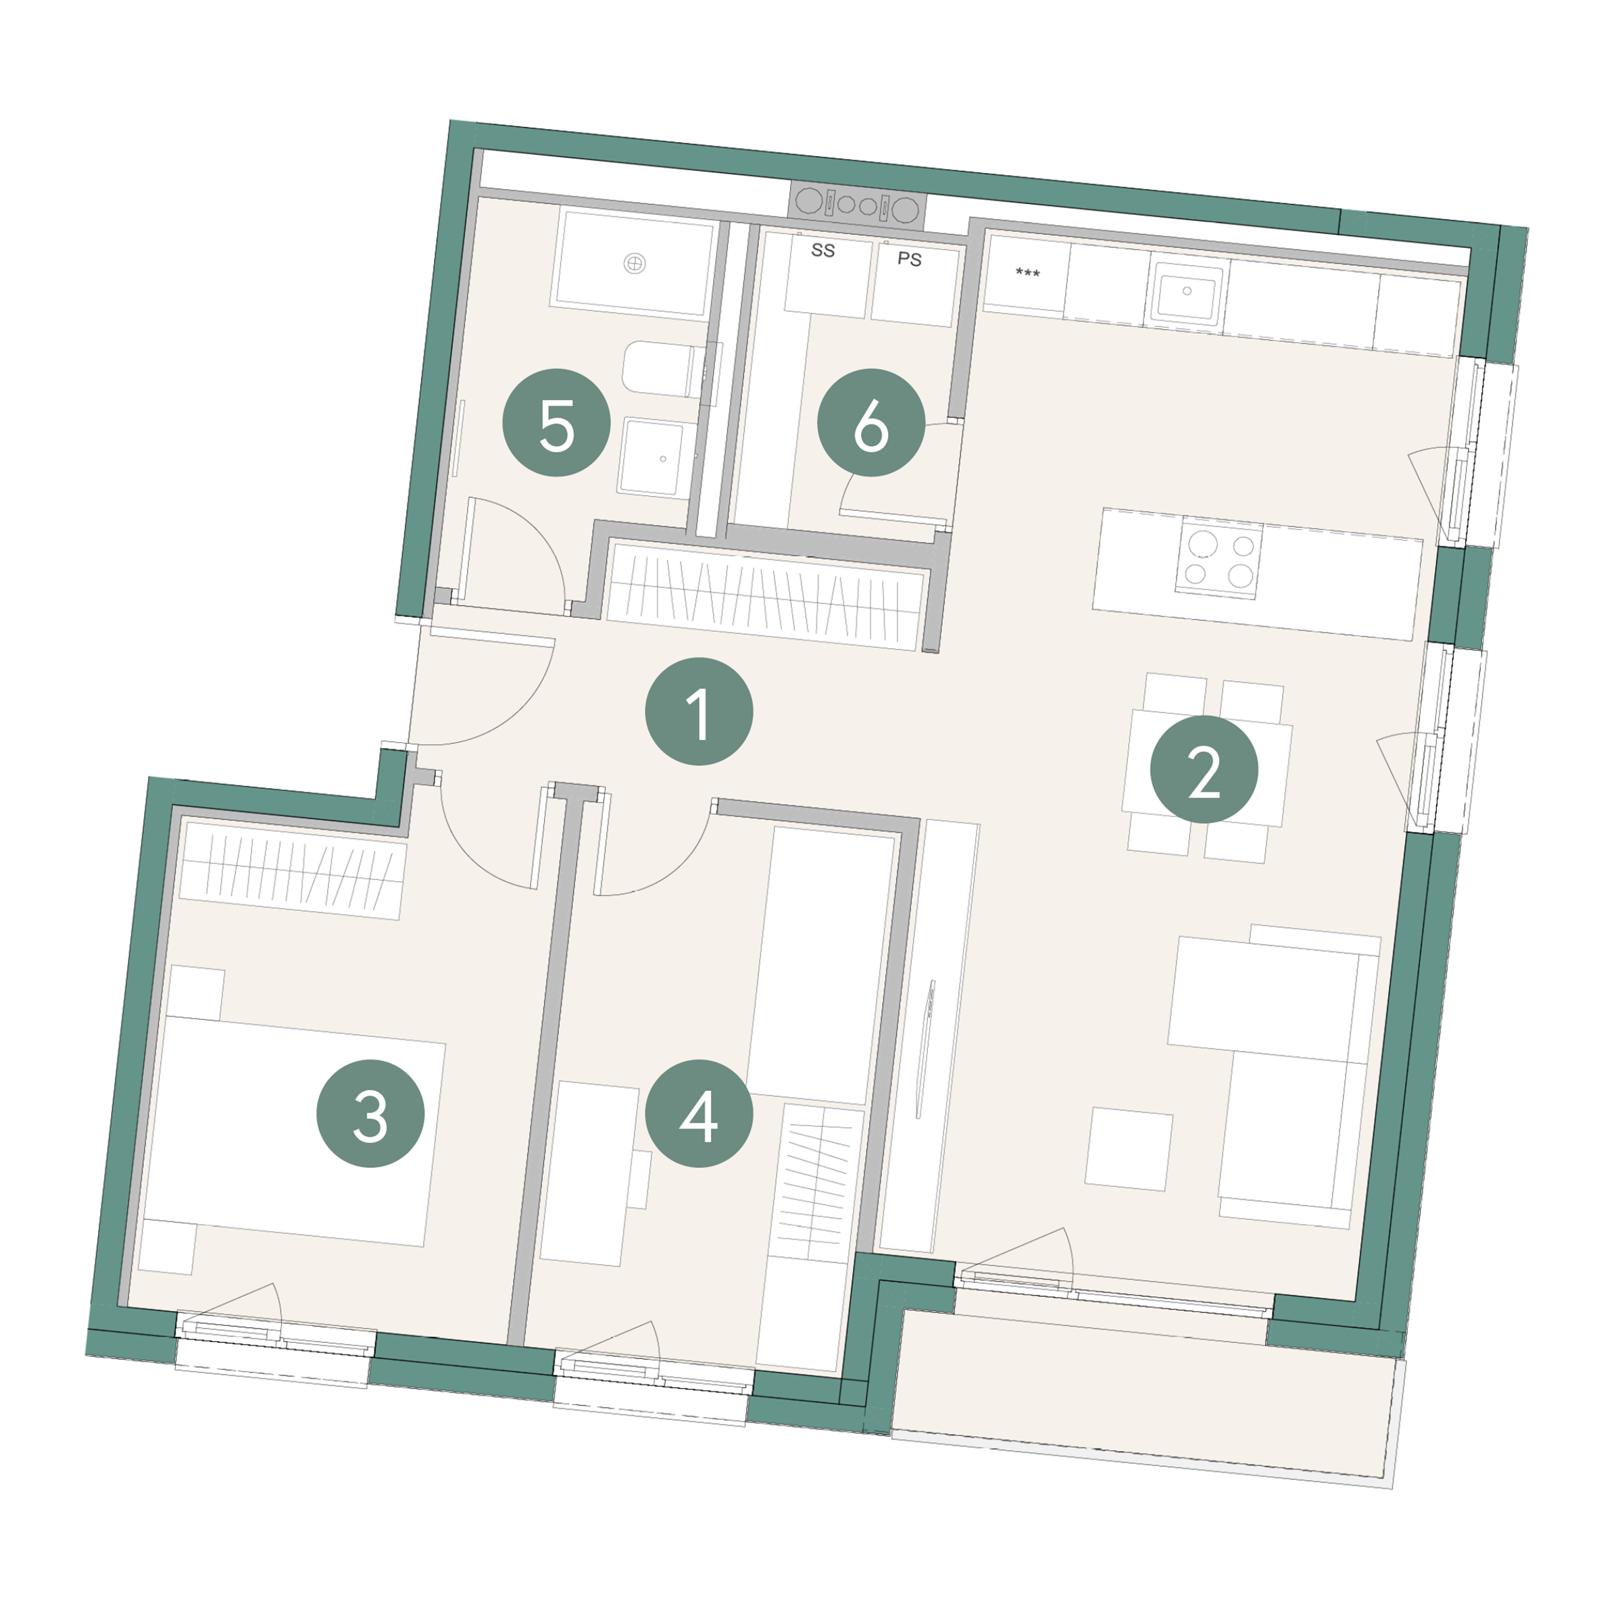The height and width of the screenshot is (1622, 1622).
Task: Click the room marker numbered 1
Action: click(699, 711)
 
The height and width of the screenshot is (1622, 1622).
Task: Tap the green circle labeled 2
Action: click(1203, 769)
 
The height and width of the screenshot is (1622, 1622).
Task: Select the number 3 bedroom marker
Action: click(370, 1113)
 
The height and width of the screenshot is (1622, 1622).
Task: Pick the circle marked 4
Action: click(699, 1113)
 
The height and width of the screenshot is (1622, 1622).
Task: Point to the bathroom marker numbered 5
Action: click(556, 422)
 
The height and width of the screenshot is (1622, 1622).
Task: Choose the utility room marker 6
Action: click(870, 422)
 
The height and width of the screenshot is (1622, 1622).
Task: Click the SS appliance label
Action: click(822, 250)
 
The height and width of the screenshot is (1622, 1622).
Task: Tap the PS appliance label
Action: click(909, 259)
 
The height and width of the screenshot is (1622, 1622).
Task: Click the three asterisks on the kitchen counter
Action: click(1027, 273)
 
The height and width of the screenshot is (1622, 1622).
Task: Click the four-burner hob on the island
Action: click(1217, 558)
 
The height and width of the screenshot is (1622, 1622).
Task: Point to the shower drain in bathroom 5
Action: click(635, 264)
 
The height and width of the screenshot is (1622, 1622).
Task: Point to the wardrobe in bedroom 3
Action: click(292, 870)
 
